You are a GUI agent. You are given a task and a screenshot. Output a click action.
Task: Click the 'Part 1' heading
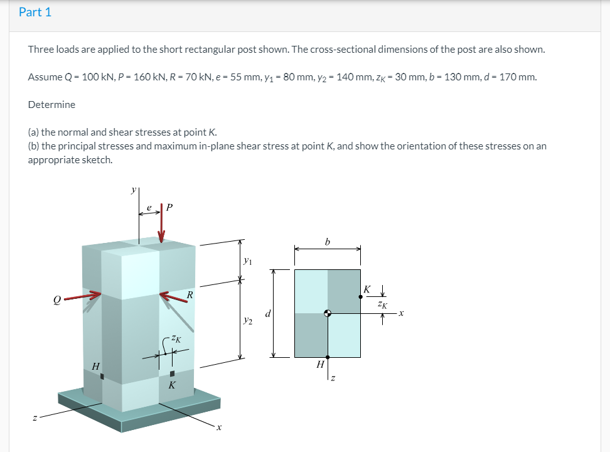(x=35, y=12)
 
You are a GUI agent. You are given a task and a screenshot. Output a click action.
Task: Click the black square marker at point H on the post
(x=102, y=376)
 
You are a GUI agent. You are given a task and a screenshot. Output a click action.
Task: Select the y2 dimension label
(x=248, y=321)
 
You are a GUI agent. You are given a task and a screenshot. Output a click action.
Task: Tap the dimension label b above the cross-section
(x=328, y=241)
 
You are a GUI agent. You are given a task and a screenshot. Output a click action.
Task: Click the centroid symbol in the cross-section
(x=328, y=313)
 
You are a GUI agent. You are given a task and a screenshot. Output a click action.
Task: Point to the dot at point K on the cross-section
(x=360, y=296)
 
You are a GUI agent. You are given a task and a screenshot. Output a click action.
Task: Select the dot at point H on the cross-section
(x=328, y=357)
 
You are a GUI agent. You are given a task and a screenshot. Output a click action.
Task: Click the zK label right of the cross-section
(x=383, y=304)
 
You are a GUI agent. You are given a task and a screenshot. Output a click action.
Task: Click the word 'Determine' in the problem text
(x=51, y=104)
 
